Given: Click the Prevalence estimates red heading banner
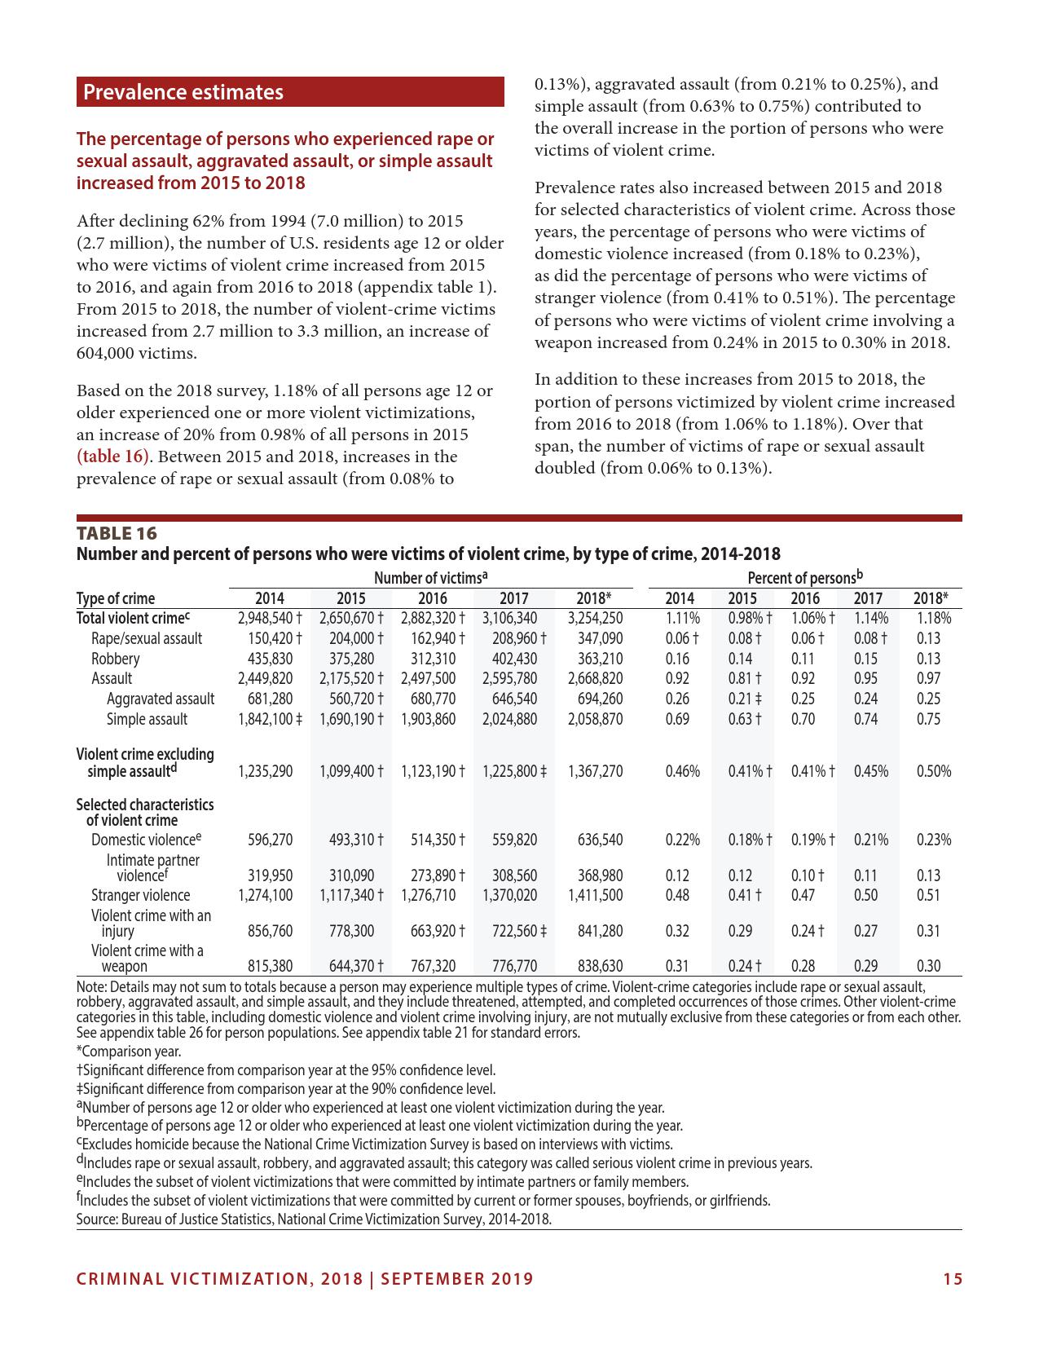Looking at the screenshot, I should tap(290, 92).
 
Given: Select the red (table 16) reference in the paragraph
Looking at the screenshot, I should tap(113, 456).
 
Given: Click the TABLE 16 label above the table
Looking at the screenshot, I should tap(117, 533).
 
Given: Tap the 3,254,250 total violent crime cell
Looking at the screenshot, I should tap(595, 619).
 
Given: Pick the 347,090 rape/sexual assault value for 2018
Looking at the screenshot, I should tap(600, 638).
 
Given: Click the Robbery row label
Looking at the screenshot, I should tap(115, 659).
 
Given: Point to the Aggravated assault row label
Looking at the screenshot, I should tap(161, 699).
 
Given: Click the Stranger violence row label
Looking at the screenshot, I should tap(140, 896).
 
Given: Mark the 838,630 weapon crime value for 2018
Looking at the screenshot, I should tap(600, 967).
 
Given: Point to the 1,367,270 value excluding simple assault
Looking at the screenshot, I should tap(595, 771).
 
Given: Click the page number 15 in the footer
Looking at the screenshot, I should tap(953, 1279).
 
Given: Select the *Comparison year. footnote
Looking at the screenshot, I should tap(120, 1052).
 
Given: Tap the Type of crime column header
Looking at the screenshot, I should tap(115, 598).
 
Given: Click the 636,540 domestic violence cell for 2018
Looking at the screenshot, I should tap(600, 840).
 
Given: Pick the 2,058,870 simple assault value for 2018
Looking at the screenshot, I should tap(595, 719).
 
